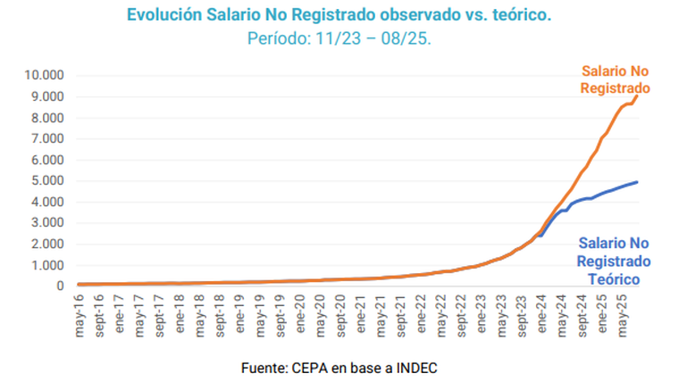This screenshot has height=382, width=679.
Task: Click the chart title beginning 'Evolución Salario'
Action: [x=339, y=15]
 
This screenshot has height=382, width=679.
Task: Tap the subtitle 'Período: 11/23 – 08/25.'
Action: [x=339, y=39]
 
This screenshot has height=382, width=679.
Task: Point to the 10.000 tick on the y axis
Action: [x=41, y=75]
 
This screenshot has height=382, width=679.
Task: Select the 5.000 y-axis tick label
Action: [x=45, y=181]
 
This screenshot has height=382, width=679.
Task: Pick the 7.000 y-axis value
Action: [x=45, y=138]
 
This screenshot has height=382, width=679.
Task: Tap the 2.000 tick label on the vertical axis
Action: [x=45, y=244]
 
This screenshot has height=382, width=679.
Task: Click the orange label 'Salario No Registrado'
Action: [x=614, y=79]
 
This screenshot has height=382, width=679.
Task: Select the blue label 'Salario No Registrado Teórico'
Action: [x=612, y=261]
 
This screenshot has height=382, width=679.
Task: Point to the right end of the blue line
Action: [x=637, y=182]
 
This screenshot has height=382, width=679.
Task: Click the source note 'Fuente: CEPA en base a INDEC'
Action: [x=339, y=368]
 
